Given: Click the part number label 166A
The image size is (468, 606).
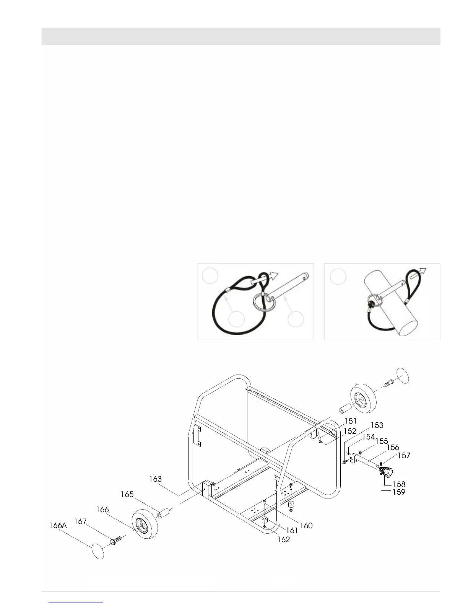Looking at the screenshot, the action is click(x=58, y=525).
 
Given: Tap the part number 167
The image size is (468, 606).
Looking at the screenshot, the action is click(x=80, y=521).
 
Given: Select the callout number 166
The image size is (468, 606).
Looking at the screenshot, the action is click(x=102, y=510).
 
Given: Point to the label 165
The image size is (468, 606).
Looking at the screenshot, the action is click(x=127, y=494).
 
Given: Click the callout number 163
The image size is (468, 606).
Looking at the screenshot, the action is click(x=156, y=479).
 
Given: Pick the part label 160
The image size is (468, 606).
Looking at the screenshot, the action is click(x=306, y=526).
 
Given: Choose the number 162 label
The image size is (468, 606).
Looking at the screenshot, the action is click(x=284, y=539).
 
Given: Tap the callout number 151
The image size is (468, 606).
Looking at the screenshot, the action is click(x=351, y=421).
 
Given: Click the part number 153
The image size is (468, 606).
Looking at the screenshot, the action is click(x=377, y=425).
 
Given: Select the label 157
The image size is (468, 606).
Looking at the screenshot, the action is click(x=404, y=455).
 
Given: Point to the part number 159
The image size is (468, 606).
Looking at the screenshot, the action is click(x=399, y=492).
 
